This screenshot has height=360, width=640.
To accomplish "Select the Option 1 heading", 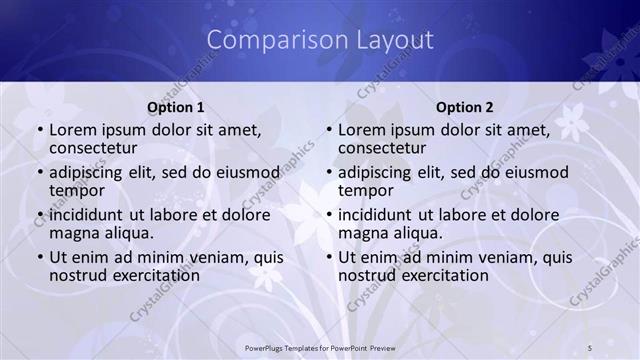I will [176, 106].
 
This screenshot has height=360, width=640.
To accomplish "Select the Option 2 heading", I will [465, 106].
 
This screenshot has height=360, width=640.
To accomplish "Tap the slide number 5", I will [590, 347].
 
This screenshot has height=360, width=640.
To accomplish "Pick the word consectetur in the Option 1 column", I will [98, 148].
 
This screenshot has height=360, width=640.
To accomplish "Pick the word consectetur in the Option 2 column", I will [387, 148].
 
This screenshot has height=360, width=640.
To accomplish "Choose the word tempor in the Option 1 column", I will [76, 190].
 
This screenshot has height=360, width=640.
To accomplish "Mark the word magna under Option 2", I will [362, 232].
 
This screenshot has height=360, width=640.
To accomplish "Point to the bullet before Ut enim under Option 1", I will [39, 257].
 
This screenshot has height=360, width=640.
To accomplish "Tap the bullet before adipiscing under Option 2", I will [328, 173].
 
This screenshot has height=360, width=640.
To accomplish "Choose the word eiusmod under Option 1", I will [246, 172].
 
